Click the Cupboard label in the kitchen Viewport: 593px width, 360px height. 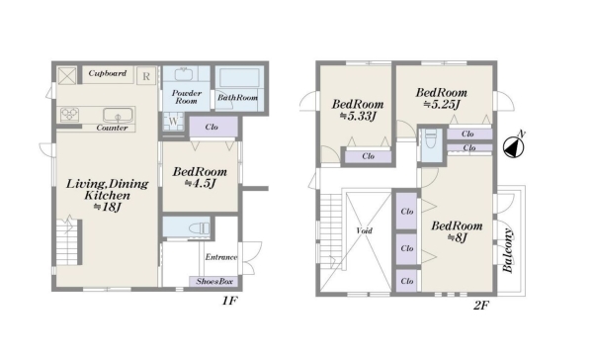[x=108, y=73]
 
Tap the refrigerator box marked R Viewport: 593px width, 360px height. [x=146, y=76]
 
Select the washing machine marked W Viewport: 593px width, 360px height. [x=173, y=121]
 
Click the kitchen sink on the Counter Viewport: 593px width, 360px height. [x=118, y=115]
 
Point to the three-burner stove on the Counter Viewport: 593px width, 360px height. [x=70, y=115]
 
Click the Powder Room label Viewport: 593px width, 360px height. [x=187, y=97]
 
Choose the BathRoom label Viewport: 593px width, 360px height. [x=237, y=97]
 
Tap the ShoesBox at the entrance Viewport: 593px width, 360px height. [x=214, y=281]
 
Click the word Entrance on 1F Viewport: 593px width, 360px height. [x=221, y=257]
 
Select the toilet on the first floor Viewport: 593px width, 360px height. [x=199, y=228]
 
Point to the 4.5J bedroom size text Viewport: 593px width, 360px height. [x=200, y=184]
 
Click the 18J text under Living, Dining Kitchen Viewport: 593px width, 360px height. [x=107, y=207]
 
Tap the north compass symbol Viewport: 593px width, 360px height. [x=514, y=146]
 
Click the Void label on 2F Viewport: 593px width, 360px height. [x=364, y=230]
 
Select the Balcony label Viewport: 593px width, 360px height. [x=508, y=250]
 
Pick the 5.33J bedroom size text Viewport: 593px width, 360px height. [x=358, y=116]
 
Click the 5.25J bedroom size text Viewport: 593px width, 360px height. [x=442, y=104]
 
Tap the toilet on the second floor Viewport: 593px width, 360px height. [x=431, y=139]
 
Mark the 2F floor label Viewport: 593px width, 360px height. [x=481, y=306]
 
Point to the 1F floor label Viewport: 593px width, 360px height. [x=229, y=301]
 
